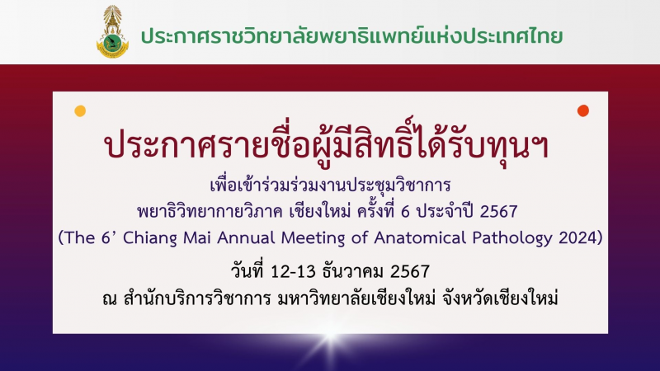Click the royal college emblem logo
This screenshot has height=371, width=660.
(112, 32)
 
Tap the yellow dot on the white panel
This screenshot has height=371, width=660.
(80, 111)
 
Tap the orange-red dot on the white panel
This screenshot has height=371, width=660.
(583, 110)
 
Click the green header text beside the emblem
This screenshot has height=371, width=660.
(352, 35)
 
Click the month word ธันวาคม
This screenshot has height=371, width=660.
(353, 271)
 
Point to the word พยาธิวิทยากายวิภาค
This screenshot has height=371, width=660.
(210, 210)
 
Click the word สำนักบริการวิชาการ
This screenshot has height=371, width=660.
(197, 298)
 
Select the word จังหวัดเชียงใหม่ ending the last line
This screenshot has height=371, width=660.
(500, 298)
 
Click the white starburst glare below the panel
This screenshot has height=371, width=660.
(331, 339)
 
